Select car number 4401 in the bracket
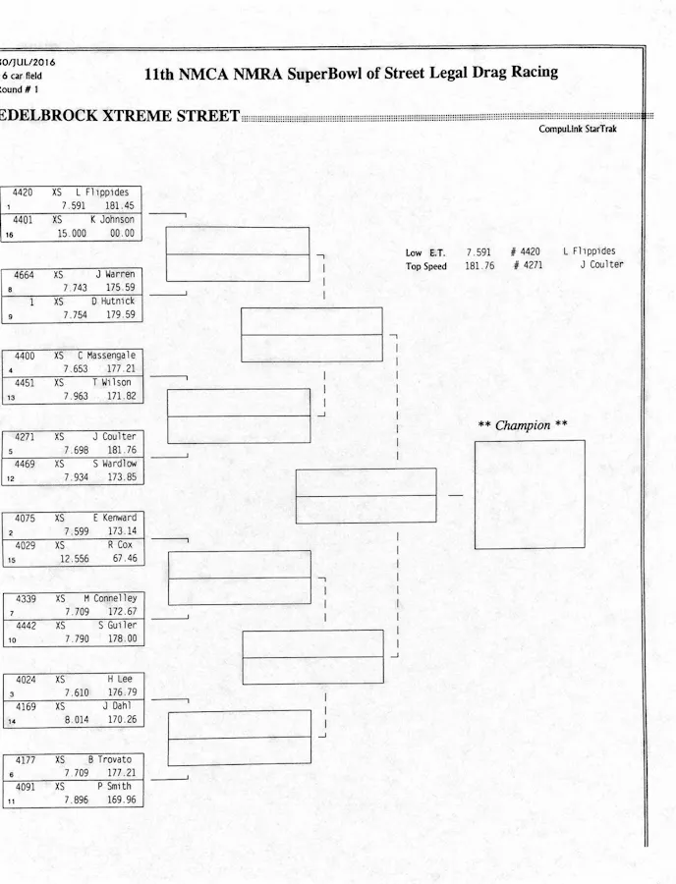click(x=23, y=220)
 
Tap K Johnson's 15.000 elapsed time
click(x=71, y=234)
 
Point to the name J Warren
click(x=115, y=274)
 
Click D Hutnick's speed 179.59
click(x=121, y=315)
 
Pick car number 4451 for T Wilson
click(x=23, y=382)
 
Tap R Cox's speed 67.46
click(x=124, y=558)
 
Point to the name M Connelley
click(x=110, y=597)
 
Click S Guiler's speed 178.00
click(x=122, y=638)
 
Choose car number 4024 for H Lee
click(x=23, y=678)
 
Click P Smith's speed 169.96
click(x=121, y=800)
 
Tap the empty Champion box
click(x=529, y=494)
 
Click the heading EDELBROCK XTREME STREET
click(x=120, y=116)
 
